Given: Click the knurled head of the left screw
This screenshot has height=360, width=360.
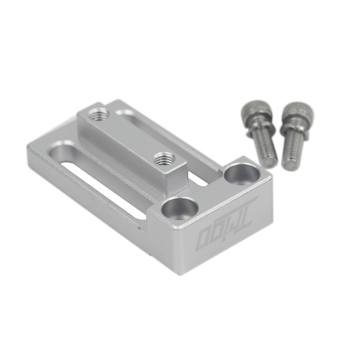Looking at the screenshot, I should coord(256,110).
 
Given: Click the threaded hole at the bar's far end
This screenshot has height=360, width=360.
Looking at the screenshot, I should coord(99,114).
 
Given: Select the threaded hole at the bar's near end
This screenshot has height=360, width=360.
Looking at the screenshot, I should coord(164,158).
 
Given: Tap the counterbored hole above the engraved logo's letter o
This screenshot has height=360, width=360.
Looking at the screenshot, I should coord(180,208).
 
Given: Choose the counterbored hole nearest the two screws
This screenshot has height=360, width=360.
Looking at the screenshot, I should coord(242,174).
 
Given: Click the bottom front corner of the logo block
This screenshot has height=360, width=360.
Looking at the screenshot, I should coord(179,274).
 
